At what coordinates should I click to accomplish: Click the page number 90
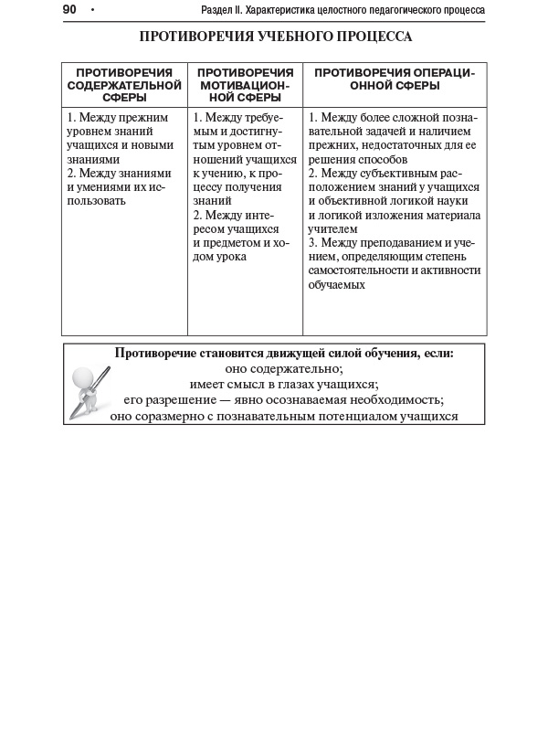[x=69, y=10]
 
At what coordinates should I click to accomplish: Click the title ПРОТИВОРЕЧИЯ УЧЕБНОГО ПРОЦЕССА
[x=275, y=37]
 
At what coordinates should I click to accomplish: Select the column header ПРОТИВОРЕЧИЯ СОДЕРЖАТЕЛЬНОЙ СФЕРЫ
[x=124, y=85]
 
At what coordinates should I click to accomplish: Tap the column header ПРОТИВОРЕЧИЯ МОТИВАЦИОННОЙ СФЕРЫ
[x=245, y=85]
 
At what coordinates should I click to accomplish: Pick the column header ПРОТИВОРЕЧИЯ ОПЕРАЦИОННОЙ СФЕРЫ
[x=395, y=79]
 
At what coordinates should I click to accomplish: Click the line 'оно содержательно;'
[x=284, y=369]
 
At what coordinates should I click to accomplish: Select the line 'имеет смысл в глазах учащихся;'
[x=284, y=385]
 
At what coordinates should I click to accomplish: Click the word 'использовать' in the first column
[x=97, y=201]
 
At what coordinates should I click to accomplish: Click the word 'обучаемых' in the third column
[x=336, y=284]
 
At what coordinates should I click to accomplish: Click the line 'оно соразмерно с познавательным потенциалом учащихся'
[x=284, y=416]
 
